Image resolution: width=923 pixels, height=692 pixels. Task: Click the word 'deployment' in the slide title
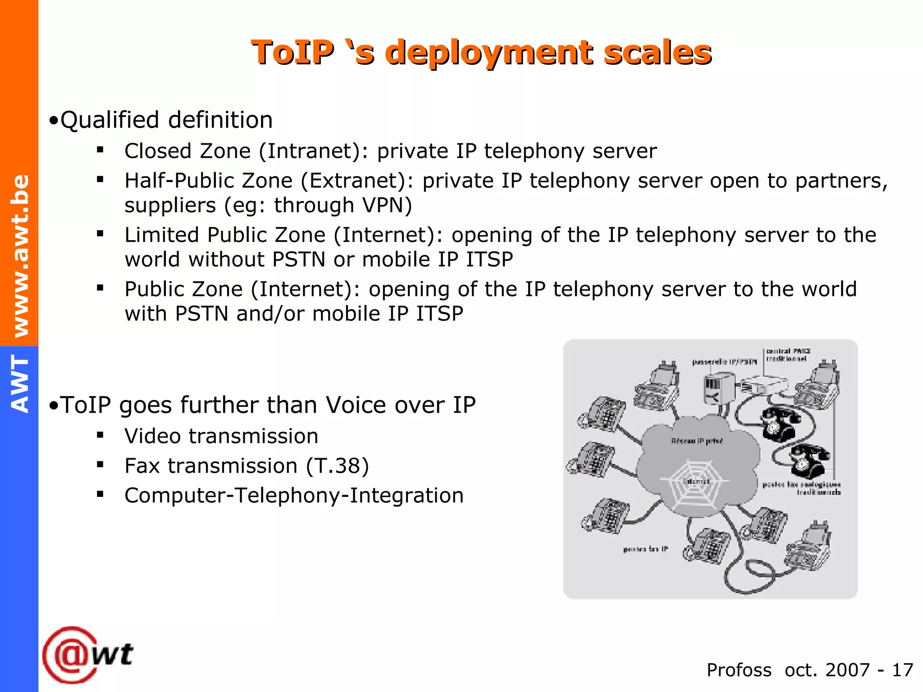click(x=489, y=53)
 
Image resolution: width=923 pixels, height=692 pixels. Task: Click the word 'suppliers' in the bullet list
click(x=170, y=205)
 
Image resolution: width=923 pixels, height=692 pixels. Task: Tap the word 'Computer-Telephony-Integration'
click(x=294, y=496)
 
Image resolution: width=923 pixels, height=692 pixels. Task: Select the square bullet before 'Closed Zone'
click(x=100, y=150)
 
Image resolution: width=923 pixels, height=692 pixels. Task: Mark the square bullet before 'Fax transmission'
click(x=100, y=464)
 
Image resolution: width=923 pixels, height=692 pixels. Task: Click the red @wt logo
click(x=88, y=655)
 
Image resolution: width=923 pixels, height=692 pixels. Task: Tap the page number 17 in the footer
click(x=902, y=670)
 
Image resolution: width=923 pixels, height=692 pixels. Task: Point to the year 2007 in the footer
click(x=847, y=670)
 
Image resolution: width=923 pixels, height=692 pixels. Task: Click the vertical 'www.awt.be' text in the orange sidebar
click(x=20, y=255)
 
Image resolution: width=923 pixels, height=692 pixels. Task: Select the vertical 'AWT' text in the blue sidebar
click(x=20, y=383)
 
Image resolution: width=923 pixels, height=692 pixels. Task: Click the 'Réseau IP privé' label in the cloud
click(x=697, y=441)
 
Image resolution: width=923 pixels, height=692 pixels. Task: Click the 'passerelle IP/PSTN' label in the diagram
click(x=724, y=362)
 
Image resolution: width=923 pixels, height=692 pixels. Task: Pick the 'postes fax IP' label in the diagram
click(x=645, y=549)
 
